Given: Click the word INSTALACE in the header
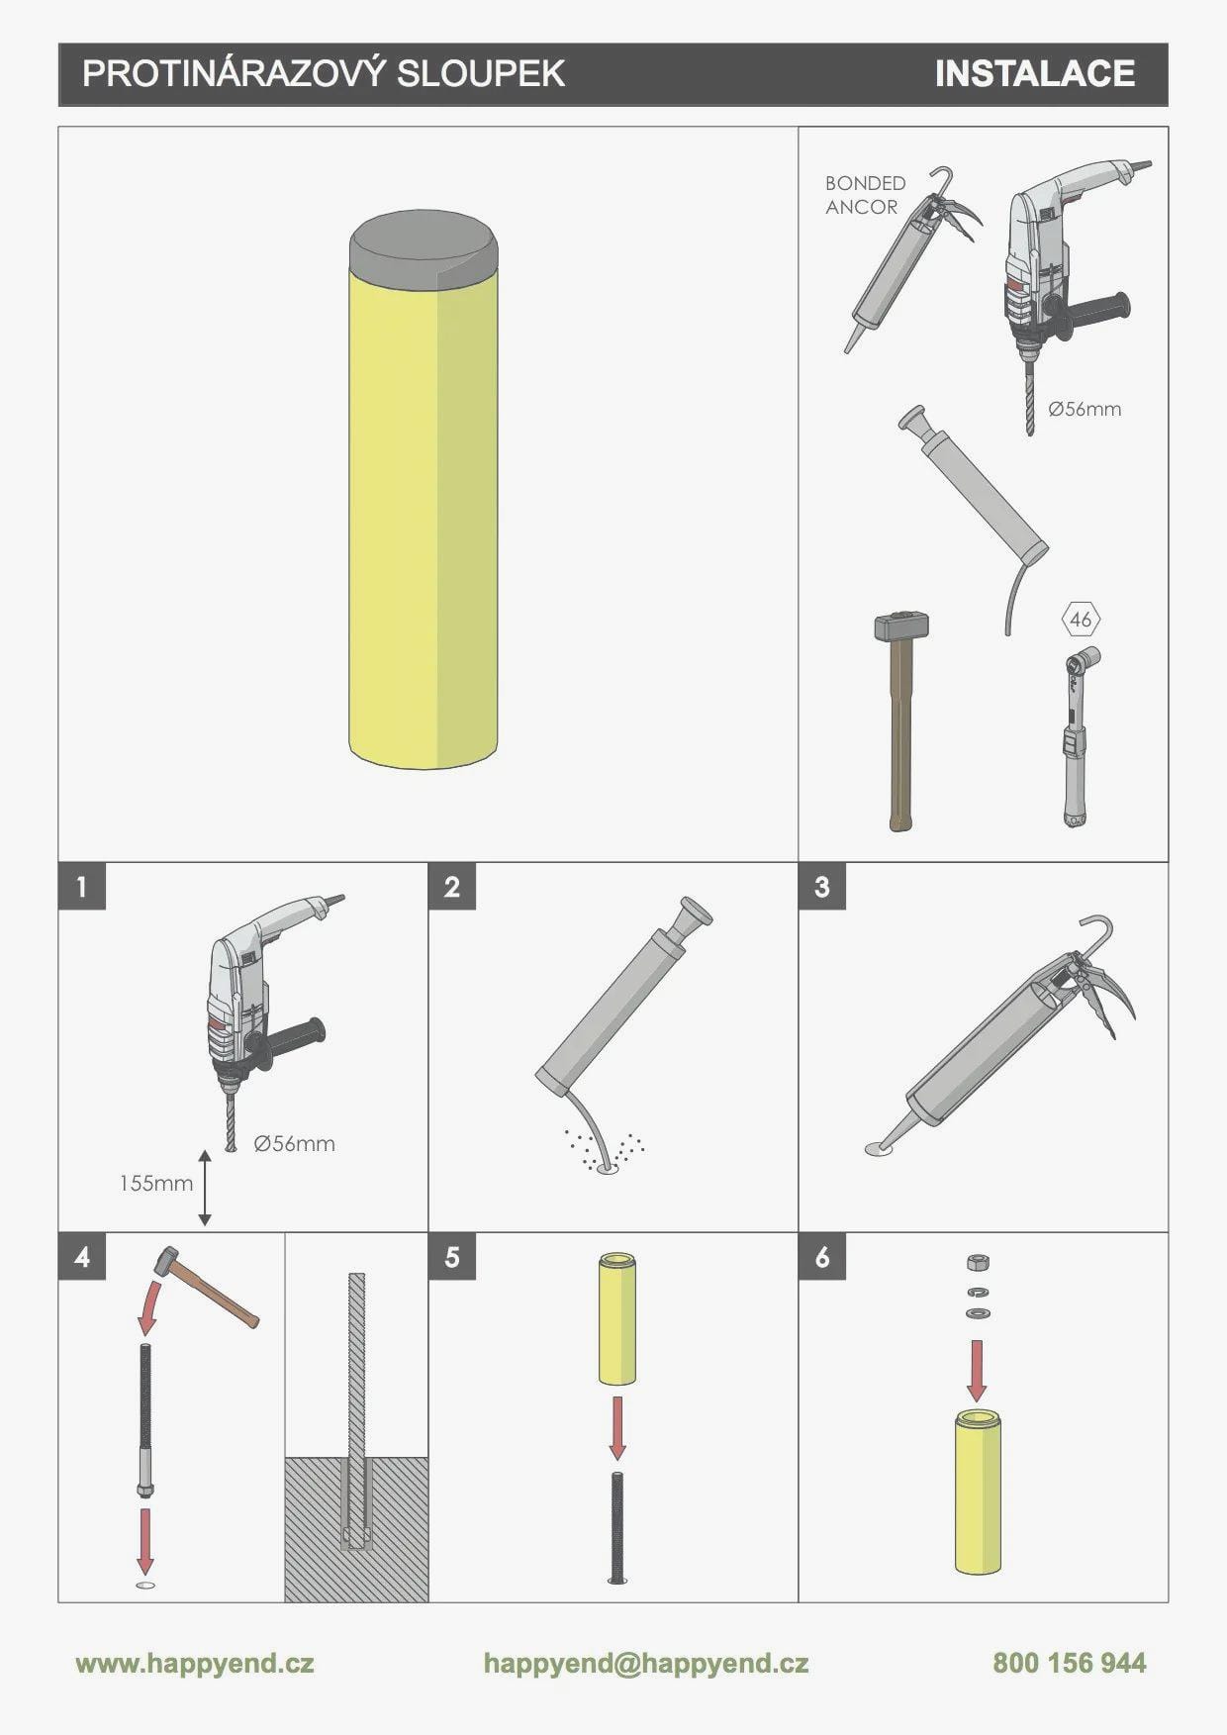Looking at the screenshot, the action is click(1035, 73).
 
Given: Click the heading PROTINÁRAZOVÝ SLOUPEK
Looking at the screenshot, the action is click(324, 73).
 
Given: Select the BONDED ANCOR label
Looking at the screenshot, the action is click(865, 195).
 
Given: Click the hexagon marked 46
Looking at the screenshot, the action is click(1081, 621).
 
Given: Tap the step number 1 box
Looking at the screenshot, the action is click(82, 886).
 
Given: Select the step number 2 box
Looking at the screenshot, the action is click(452, 886).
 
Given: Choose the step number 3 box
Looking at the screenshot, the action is click(822, 886).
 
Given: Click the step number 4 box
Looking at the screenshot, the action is click(82, 1256).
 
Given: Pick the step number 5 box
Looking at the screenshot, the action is click(452, 1256).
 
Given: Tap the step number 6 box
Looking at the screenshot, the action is click(822, 1256).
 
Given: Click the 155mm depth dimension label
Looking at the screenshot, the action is click(156, 1183).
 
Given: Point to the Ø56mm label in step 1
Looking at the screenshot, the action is click(294, 1143).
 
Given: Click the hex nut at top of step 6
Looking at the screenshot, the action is click(977, 1262).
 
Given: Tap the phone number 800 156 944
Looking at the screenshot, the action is click(1070, 1663).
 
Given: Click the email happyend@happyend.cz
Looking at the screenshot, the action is click(646, 1664).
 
